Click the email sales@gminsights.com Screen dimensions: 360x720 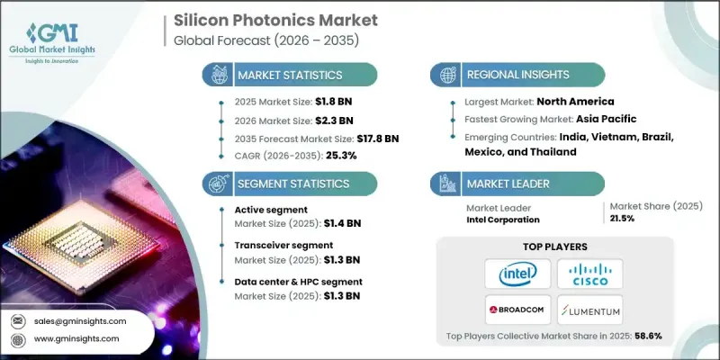(x=81, y=320)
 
